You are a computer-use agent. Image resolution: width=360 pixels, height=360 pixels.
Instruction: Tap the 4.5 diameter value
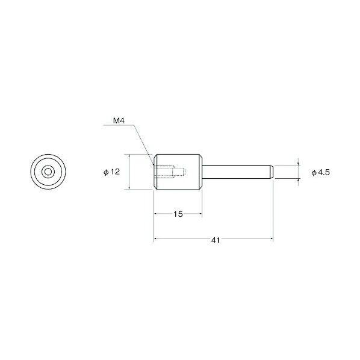click(x=326, y=172)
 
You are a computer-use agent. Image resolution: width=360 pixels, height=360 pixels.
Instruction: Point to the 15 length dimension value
click(x=179, y=214)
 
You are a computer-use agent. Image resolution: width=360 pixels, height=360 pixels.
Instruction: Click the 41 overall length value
click(x=215, y=240)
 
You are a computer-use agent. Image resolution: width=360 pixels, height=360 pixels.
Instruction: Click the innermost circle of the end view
click(x=47, y=172)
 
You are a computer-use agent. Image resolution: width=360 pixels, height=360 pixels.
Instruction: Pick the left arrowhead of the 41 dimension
click(x=157, y=240)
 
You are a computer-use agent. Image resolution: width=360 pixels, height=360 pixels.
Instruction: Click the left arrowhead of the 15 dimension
click(x=157, y=214)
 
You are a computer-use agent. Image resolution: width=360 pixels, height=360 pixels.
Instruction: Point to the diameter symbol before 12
click(x=106, y=172)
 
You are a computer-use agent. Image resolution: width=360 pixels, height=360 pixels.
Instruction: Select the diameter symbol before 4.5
click(x=314, y=172)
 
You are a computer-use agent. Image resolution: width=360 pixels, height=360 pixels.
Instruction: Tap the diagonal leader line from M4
click(x=144, y=144)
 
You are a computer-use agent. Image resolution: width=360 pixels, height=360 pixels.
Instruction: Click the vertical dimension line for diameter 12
click(x=129, y=172)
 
